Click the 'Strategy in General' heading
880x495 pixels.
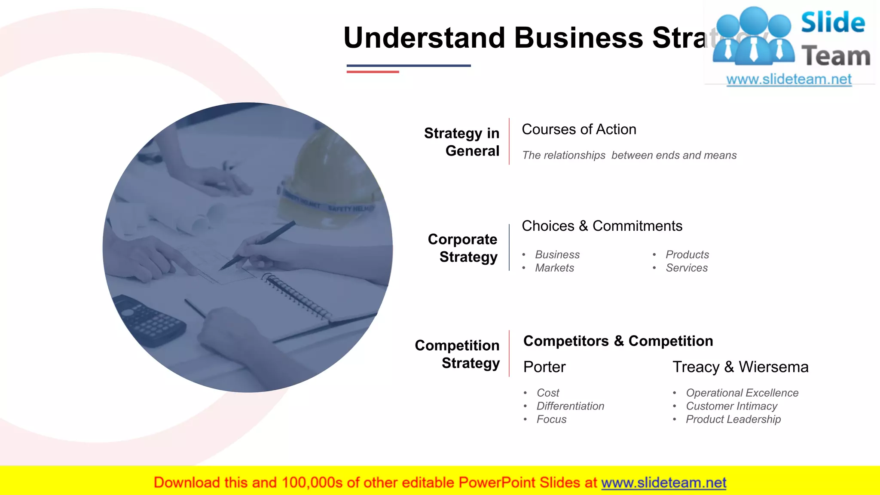pos(461,142)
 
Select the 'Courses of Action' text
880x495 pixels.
pos(579,129)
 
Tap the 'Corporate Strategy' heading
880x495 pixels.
pos(462,248)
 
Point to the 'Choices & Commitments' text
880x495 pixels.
pos(602,226)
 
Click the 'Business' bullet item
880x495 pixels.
pos(557,255)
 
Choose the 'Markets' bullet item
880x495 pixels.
pos(554,268)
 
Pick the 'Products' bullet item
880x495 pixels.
pos(687,255)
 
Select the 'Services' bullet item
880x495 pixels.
pos(687,268)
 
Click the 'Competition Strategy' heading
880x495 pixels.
pos(457,354)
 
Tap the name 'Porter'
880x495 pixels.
pos(544,367)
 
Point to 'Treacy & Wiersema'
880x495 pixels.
pos(740,367)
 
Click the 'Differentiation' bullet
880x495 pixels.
pos(570,406)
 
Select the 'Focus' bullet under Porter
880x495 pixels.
pos(551,419)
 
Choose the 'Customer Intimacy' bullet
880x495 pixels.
pos(731,406)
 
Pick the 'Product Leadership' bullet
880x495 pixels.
pos(733,419)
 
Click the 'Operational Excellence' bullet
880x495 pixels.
pos(742,393)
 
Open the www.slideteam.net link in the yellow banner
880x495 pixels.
pos(663,483)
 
